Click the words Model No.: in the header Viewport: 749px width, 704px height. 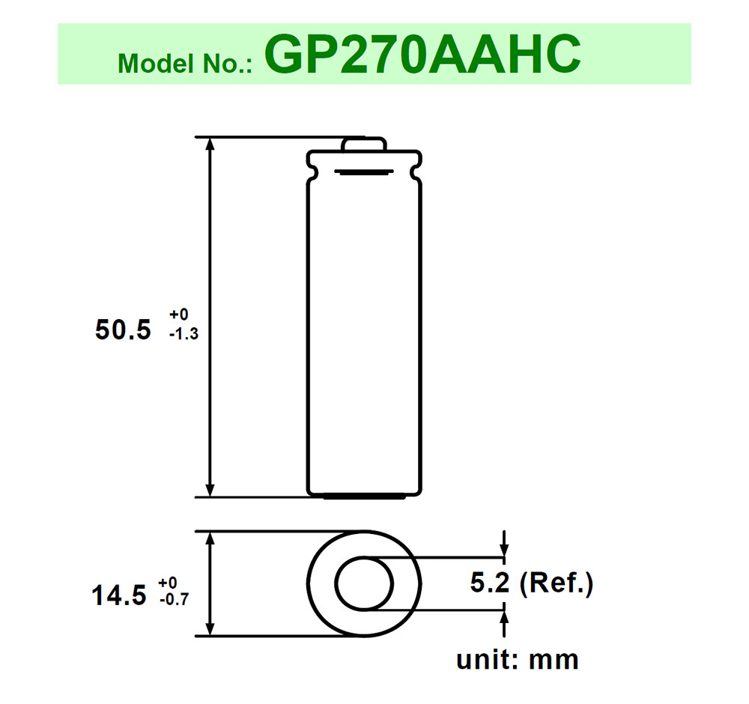(187, 64)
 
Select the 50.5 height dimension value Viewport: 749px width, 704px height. (124, 330)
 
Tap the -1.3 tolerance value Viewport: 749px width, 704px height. (184, 335)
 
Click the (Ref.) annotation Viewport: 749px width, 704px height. (554, 583)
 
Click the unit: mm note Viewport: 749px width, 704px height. (518, 659)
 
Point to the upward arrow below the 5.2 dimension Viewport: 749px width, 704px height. (504, 618)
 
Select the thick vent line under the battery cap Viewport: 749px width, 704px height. (364, 173)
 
